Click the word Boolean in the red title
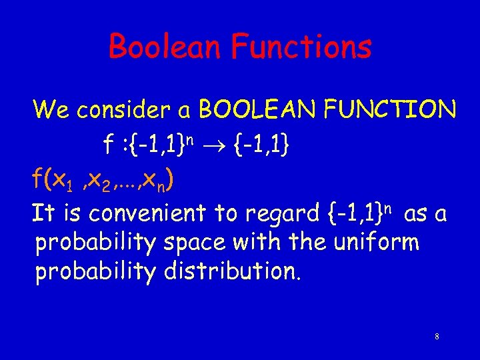165,47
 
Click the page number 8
436,337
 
